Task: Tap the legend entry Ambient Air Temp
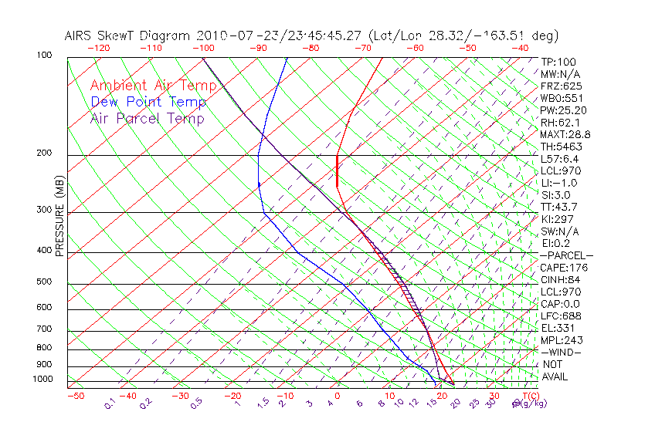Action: tap(154, 86)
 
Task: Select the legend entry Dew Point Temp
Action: tap(148, 102)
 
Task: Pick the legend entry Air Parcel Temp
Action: tap(148, 118)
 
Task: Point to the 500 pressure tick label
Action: tap(45, 282)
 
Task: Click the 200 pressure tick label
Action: tap(45, 153)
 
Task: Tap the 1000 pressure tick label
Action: tap(42, 379)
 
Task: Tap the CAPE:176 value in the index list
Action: tap(563, 268)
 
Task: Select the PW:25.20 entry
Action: tap(563, 110)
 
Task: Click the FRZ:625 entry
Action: tap(561, 86)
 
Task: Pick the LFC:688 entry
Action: tap(560, 316)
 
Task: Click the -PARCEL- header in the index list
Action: tap(566, 255)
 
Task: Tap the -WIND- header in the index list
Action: tap(561, 352)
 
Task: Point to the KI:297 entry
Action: tap(557, 219)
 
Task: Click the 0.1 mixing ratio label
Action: tap(110, 403)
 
